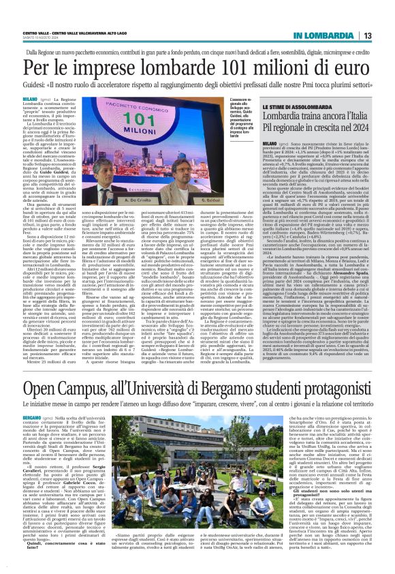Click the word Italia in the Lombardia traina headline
[x=356, y=117]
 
